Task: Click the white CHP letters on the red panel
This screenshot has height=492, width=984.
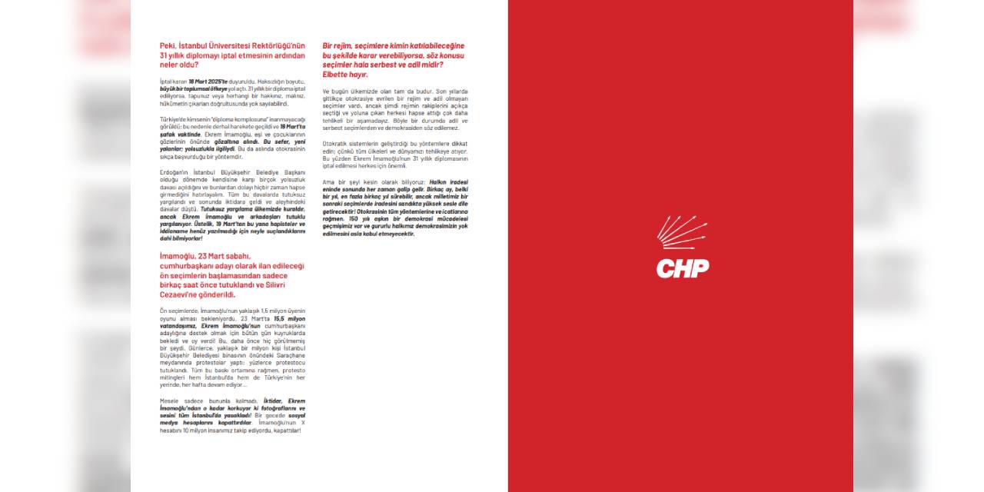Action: tap(682, 268)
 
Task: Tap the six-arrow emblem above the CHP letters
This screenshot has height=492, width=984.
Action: tap(681, 231)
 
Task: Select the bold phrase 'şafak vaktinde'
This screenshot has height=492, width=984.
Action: tap(180, 134)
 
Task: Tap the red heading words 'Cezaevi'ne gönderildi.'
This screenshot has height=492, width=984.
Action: tap(198, 294)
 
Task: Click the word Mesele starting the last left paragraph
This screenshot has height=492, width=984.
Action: tap(171, 401)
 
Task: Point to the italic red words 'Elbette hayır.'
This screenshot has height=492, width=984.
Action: tap(345, 75)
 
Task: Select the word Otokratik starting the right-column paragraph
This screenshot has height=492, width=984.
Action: tap(337, 144)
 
